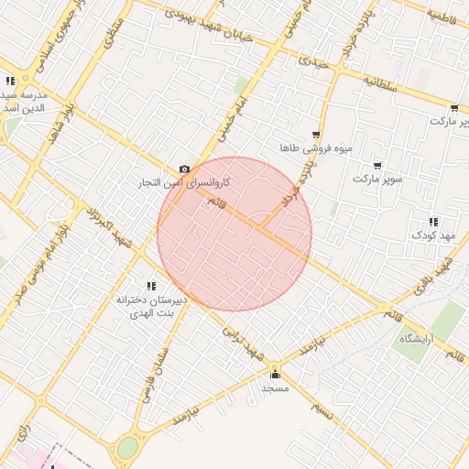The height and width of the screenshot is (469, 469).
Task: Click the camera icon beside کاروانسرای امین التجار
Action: point(185,169)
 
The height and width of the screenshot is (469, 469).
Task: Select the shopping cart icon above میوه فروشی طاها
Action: point(316,134)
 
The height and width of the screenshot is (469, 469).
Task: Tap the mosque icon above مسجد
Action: point(275,374)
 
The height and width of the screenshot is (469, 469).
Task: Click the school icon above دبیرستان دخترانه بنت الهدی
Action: point(151,287)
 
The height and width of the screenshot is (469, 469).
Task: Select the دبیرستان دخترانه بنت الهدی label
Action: point(152,306)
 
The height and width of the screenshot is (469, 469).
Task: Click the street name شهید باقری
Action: point(433,278)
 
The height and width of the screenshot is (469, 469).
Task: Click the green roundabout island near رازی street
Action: point(127,448)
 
